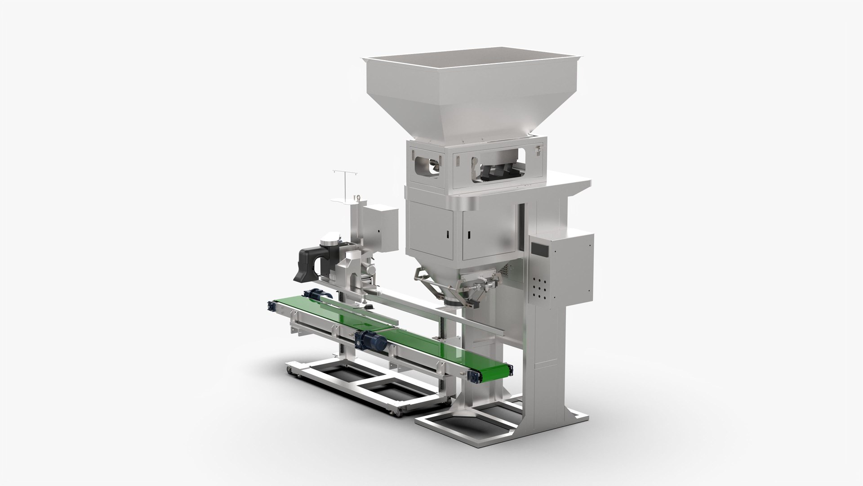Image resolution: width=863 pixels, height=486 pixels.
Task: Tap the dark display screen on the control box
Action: point(537,255)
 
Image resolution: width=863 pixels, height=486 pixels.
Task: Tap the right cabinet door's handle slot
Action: point(468,234)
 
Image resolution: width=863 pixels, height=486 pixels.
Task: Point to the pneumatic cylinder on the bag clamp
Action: point(481,284)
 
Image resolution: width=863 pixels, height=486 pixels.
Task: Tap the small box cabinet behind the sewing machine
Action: point(383,228)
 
